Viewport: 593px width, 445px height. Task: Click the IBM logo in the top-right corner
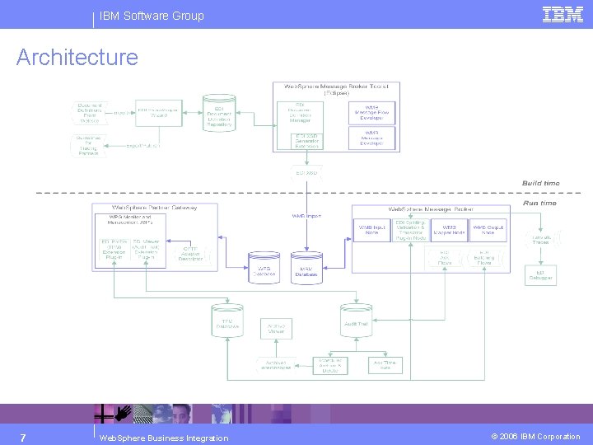pos(563,14)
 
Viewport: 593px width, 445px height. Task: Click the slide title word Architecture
pos(77,58)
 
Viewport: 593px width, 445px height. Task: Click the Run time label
pos(540,203)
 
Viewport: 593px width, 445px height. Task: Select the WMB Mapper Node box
pos(449,229)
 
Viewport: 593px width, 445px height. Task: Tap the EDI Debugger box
pos(540,275)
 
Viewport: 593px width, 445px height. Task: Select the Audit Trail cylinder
pos(357,321)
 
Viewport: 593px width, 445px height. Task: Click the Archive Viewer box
pos(276,327)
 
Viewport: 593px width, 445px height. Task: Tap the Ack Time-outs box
pos(385,364)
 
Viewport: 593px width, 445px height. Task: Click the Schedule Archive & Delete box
pos(330,365)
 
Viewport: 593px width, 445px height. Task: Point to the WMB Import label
pos(306,216)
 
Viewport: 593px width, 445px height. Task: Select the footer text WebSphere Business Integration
pos(163,438)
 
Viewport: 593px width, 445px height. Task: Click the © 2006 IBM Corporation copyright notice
pos(536,437)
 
